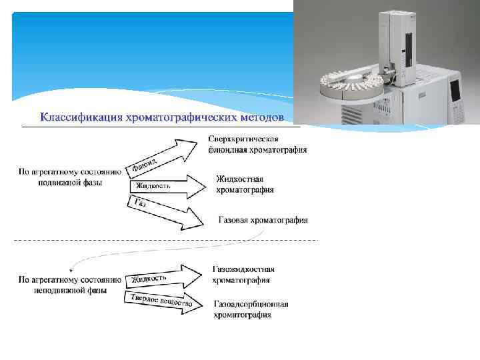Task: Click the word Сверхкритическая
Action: coord(243,139)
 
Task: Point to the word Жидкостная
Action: coord(240,179)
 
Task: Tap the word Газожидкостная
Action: coord(244,269)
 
